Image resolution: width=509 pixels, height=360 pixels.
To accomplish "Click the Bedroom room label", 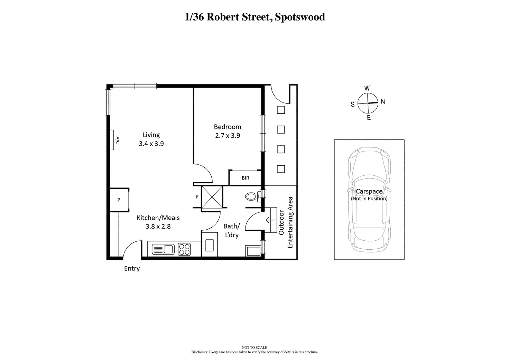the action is (x=227, y=127).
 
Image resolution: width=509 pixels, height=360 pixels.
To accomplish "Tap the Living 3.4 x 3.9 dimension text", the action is (x=151, y=144).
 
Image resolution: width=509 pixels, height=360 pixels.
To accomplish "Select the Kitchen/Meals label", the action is (x=158, y=218).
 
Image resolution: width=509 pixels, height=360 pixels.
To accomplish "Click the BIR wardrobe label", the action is (x=245, y=178).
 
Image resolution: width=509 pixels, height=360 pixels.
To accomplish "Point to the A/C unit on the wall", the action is (x=113, y=140).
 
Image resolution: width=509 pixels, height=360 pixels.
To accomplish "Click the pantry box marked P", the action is (x=119, y=200).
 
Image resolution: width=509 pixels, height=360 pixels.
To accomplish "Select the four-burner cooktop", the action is (x=184, y=249).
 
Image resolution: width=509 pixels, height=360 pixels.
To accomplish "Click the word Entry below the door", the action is (x=132, y=268).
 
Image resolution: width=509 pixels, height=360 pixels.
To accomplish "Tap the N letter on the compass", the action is (x=383, y=102).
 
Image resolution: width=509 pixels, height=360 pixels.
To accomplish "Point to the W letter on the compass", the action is (x=367, y=88).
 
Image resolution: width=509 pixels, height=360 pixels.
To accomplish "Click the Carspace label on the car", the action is (x=369, y=192).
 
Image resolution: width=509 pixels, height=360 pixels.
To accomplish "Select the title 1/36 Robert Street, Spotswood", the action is (x=255, y=17).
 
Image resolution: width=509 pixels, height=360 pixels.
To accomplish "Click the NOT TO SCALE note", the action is (x=254, y=348).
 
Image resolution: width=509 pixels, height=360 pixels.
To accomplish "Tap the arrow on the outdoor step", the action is (x=270, y=220).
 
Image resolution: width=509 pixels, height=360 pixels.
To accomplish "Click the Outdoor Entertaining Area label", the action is (x=286, y=222).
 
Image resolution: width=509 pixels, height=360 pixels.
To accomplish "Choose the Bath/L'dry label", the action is (x=231, y=231).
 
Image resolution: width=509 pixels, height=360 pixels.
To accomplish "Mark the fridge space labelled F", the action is (x=197, y=197).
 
